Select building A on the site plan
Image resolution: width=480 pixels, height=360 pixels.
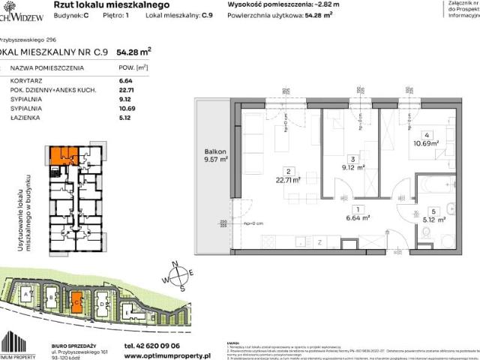click(28, 295)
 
